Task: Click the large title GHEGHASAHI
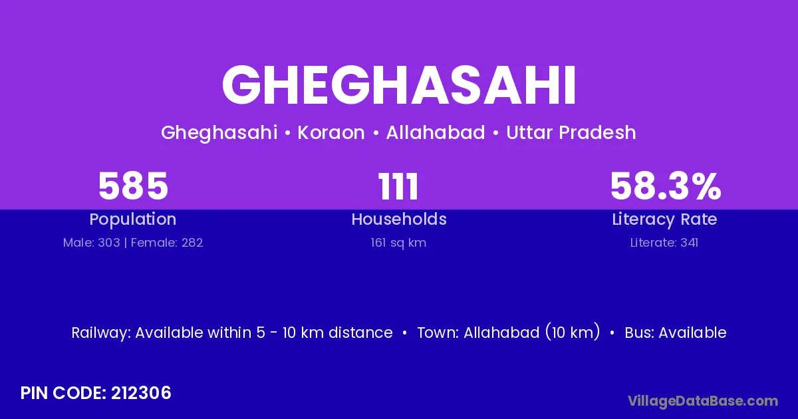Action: [x=398, y=85]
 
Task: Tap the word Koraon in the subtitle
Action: [x=331, y=132]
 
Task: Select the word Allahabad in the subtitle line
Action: [x=436, y=132]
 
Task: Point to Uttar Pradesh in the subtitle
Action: [x=571, y=132]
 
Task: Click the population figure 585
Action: [x=133, y=186]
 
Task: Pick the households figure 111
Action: [x=398, y=186]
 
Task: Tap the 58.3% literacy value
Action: [x=666, y=186]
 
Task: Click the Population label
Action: [x=133, y=219]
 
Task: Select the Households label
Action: [x=399, y=219]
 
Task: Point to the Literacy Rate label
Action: [x=664, y=219]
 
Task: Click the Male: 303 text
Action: [x=92, y=243]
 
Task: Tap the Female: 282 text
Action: [x=167, y=243]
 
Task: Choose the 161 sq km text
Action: [x=398, y=243]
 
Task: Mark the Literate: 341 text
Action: [x=664, y=243]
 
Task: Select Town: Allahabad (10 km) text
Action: [x=508, y=333]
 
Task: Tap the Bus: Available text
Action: [x=676, y=333]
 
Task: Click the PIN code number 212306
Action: [x=141, y=393]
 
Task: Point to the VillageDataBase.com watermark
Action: [x=703, y=401]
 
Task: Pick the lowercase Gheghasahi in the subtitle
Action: [x=219, y=133]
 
